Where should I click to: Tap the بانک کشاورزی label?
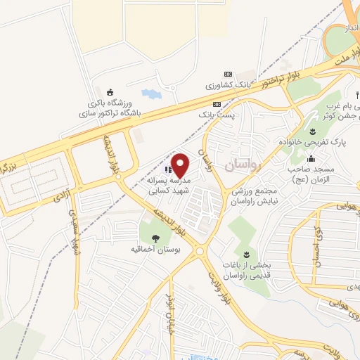pyautogui.click(x=229, y=84)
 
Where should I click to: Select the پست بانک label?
pyautogui.click(x=216, y=112)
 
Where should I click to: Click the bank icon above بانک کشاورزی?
pyautogui.click(x=227, y=74)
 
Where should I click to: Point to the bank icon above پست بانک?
pyautogui.click(x=216, y=103)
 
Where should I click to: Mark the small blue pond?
pyautogui.click(x=150, y=93)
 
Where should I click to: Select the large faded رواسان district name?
pyautogui.click(x=243, y=166)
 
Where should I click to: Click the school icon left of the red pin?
pyautogui.click(x=167, y=169)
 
